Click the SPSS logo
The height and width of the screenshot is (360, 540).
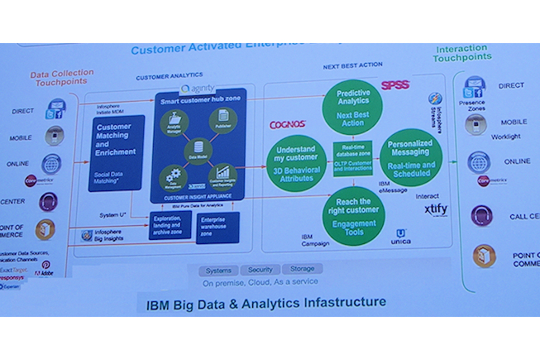tap(394, 85)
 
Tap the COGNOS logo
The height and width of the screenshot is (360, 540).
tap(289, 125)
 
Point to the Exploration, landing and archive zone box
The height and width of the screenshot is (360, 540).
tap(172, 226)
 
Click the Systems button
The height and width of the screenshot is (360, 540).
tap(219, 270)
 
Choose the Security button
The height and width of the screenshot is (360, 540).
tap(260, 270)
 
